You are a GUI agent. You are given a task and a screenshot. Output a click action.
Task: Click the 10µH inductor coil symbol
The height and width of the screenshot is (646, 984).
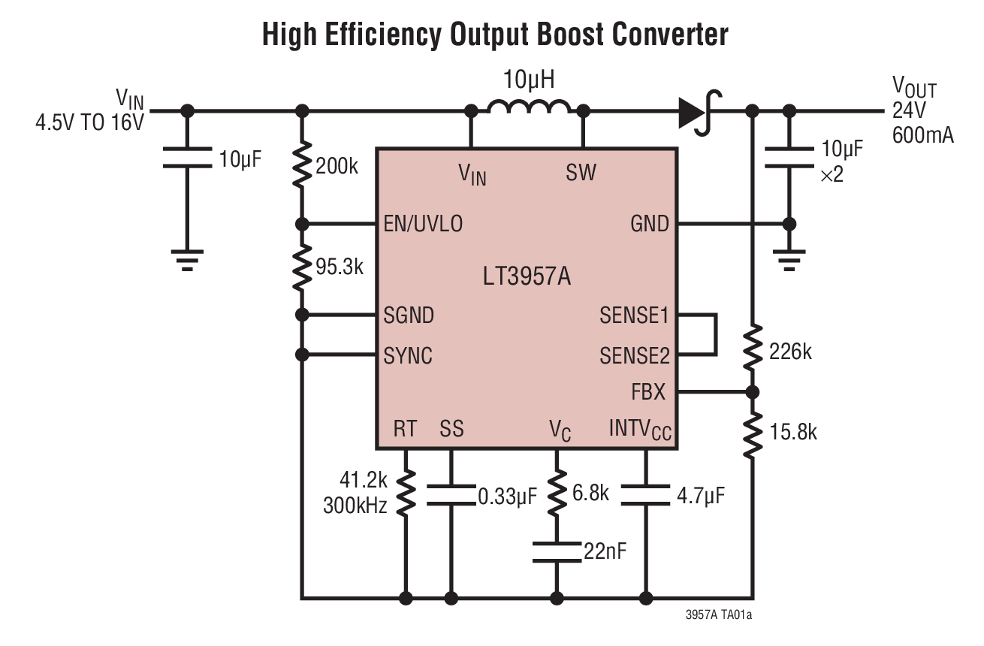[528, 108]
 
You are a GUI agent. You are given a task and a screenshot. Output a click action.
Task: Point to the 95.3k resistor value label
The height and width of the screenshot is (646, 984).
[339, 267]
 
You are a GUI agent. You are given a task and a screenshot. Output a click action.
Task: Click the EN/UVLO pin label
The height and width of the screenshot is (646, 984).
[423, 224]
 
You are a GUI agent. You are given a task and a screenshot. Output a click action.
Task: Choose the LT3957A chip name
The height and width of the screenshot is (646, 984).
[527, 277]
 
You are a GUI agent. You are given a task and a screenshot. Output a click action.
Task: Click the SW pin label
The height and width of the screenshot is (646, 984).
[581, 174]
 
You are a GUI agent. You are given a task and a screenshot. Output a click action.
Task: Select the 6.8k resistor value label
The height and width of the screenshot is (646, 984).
[590, 494]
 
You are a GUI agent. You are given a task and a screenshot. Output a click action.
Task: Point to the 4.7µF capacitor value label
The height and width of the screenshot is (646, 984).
[701, 496]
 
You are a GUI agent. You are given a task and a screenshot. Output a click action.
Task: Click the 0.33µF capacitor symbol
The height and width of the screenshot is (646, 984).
[451, 494]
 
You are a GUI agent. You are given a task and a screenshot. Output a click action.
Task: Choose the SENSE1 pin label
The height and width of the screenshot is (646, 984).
[634, 316]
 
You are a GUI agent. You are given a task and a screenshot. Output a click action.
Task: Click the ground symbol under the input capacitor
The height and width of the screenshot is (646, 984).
[188, 259]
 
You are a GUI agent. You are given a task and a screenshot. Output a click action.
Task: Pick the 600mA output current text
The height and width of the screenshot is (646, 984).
[923, 136]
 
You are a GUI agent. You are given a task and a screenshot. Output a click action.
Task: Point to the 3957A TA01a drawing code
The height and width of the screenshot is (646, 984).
[718, 615]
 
